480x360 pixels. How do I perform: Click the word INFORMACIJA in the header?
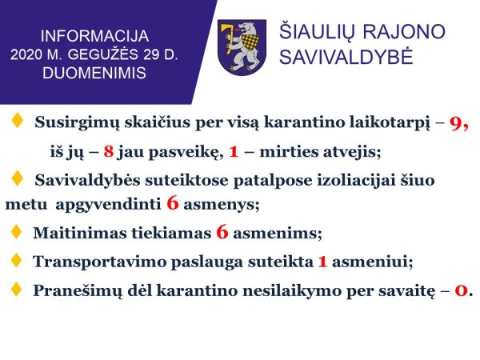[x=94, y=36]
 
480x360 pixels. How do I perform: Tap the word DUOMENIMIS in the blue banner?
[x=94, y=73]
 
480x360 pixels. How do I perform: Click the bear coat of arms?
[x=242, y=47]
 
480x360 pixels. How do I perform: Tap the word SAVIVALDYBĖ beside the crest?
[x=346, y=57]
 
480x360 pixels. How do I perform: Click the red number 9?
[x=455, y=123]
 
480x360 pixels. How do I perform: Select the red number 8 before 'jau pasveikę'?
[x=108, y=151]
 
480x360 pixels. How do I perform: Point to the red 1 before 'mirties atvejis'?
[x=234, y=151]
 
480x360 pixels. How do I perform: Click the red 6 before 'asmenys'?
[x=172, y=203]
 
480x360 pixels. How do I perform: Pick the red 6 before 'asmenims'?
[x=222, y=232]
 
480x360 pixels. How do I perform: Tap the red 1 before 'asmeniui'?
[x=322, y=262]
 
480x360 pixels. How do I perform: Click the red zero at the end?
[x=462, y=290]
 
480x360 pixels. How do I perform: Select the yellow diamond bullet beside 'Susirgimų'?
[x=17, y=120]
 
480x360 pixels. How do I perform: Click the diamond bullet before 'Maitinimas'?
[x=16, y=231]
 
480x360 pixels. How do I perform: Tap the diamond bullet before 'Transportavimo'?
[x=16, y=260]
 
